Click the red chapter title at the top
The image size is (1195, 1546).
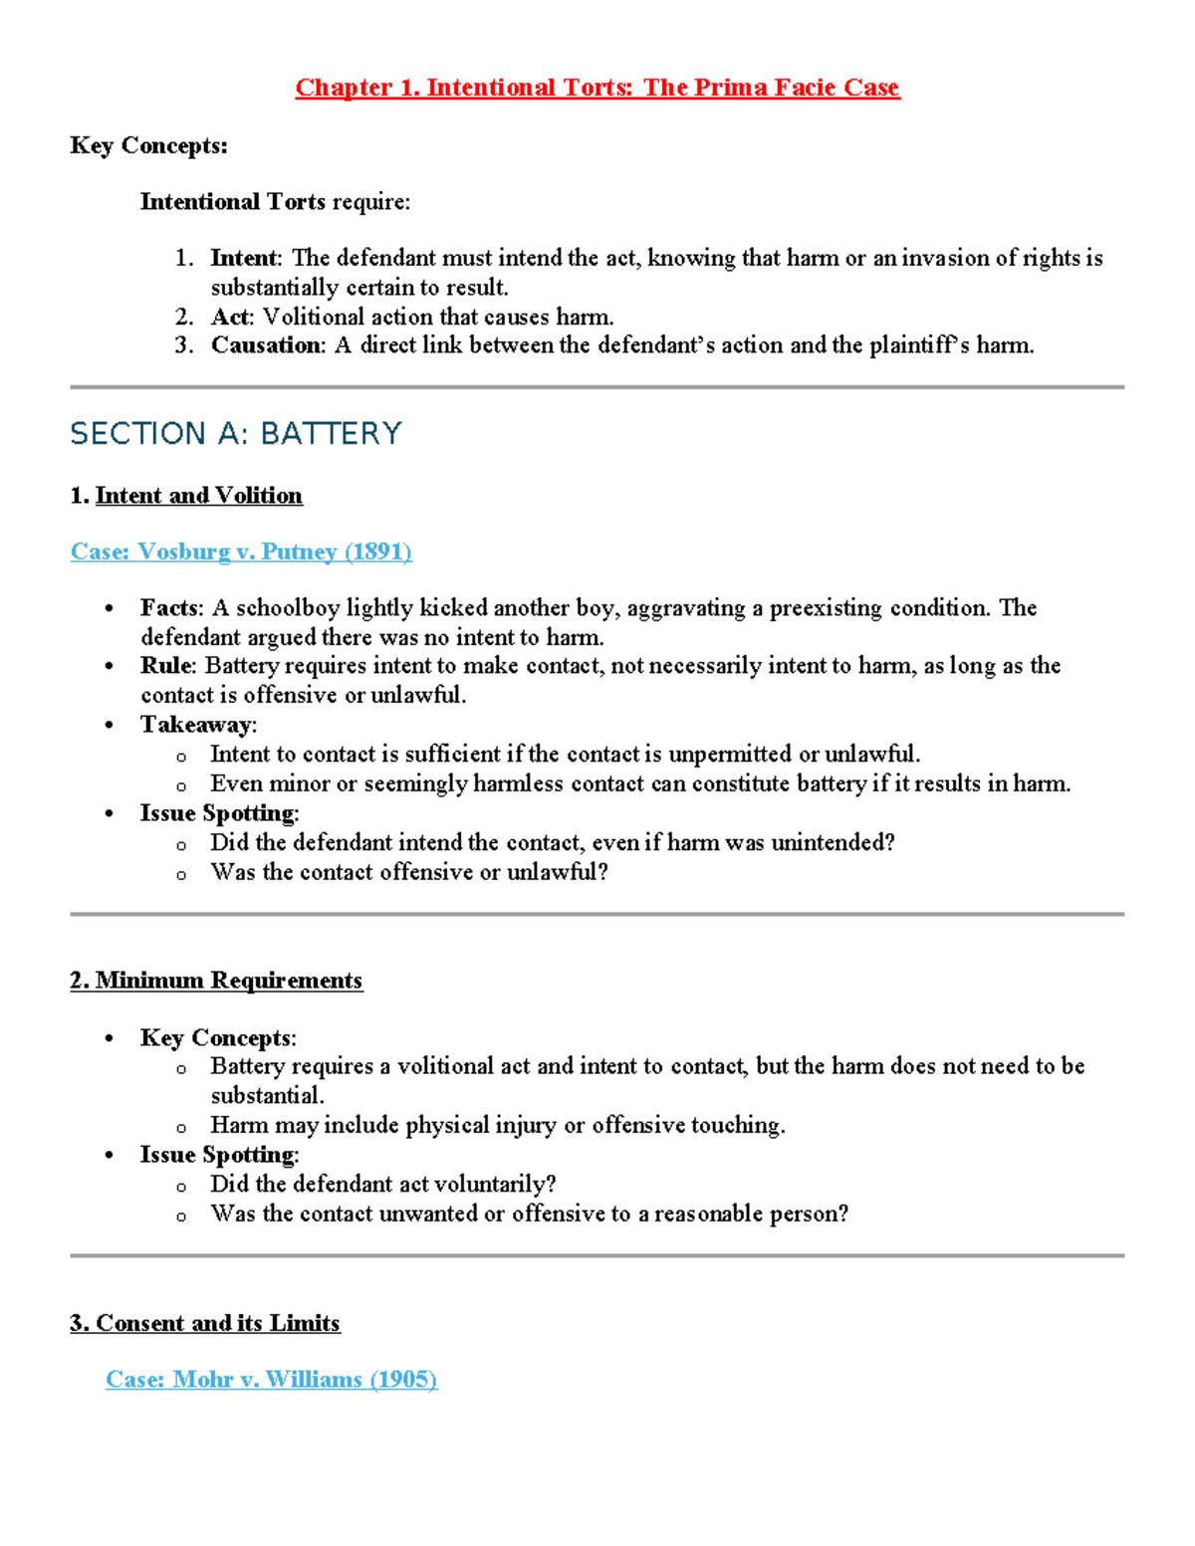(x=597, y=88)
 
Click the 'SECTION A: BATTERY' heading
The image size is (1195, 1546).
(x=236, y=434)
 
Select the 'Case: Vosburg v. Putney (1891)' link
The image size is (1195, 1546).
(x=241, y=552)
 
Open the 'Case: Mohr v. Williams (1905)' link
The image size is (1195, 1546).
(x=271, y=1380)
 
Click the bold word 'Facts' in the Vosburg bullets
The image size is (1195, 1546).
(x=170, y=608)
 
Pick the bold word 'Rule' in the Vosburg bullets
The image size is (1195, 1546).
(x=165, y=666)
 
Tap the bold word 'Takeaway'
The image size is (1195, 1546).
(x=196, y=725)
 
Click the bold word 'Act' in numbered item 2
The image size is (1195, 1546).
(x=230, y=317)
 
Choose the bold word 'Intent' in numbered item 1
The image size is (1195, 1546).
(x=244, y=259)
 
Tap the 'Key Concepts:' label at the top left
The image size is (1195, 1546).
(x=148, y=146)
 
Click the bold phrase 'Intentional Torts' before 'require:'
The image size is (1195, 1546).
(x=232, y=202)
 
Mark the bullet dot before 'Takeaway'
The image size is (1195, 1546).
(x=110, y=726)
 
